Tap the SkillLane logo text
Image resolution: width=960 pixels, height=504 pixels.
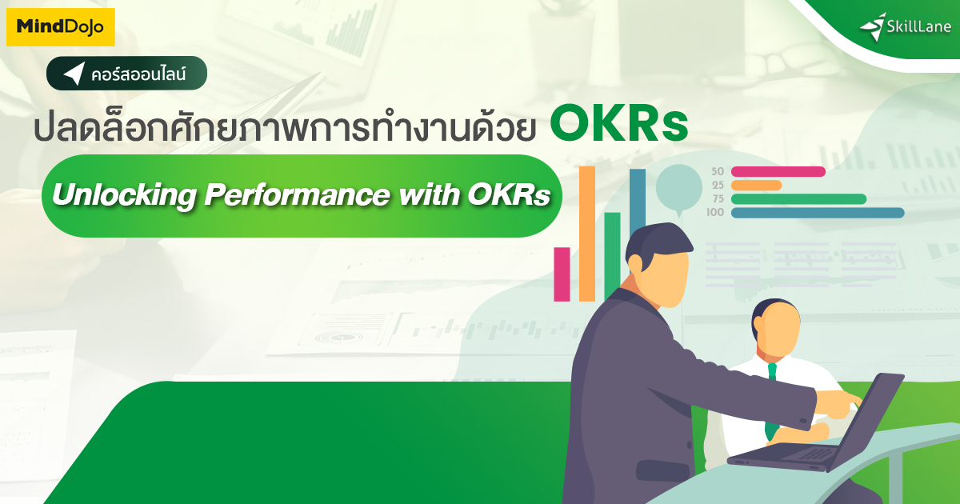coord(919,27)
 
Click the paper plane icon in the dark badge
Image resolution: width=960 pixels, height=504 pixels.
coord(74,74)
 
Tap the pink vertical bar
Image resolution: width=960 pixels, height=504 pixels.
coord(562,274)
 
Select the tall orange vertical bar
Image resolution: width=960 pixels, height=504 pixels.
coord(587,233)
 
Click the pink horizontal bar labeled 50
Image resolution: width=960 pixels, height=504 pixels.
coord(778,171)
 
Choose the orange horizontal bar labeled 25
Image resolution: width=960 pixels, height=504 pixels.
coord(756,185)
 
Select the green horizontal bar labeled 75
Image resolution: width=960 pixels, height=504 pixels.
coord(798,198)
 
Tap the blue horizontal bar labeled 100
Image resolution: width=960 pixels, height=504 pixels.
coord(817,213)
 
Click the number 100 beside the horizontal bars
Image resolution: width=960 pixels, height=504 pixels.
coord(715,213)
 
